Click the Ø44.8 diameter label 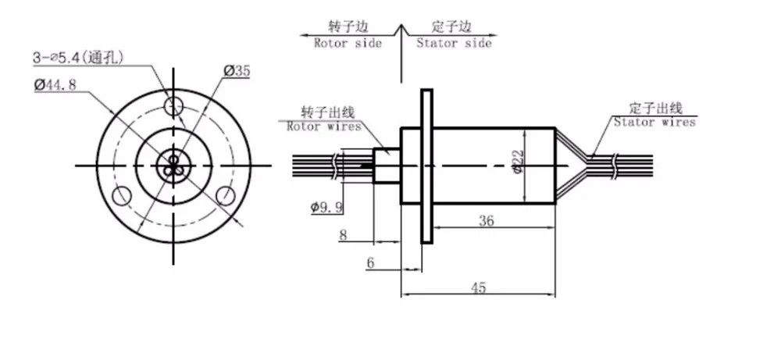point(55,85)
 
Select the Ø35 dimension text point(237,71)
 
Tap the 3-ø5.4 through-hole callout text point(78,58)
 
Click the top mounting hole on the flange point(174,105)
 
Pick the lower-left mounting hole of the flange point(122,196)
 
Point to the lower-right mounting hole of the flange point(226,196)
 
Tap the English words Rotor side point(348,43)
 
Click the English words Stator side point(455,43)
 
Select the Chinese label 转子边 point(348,27)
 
